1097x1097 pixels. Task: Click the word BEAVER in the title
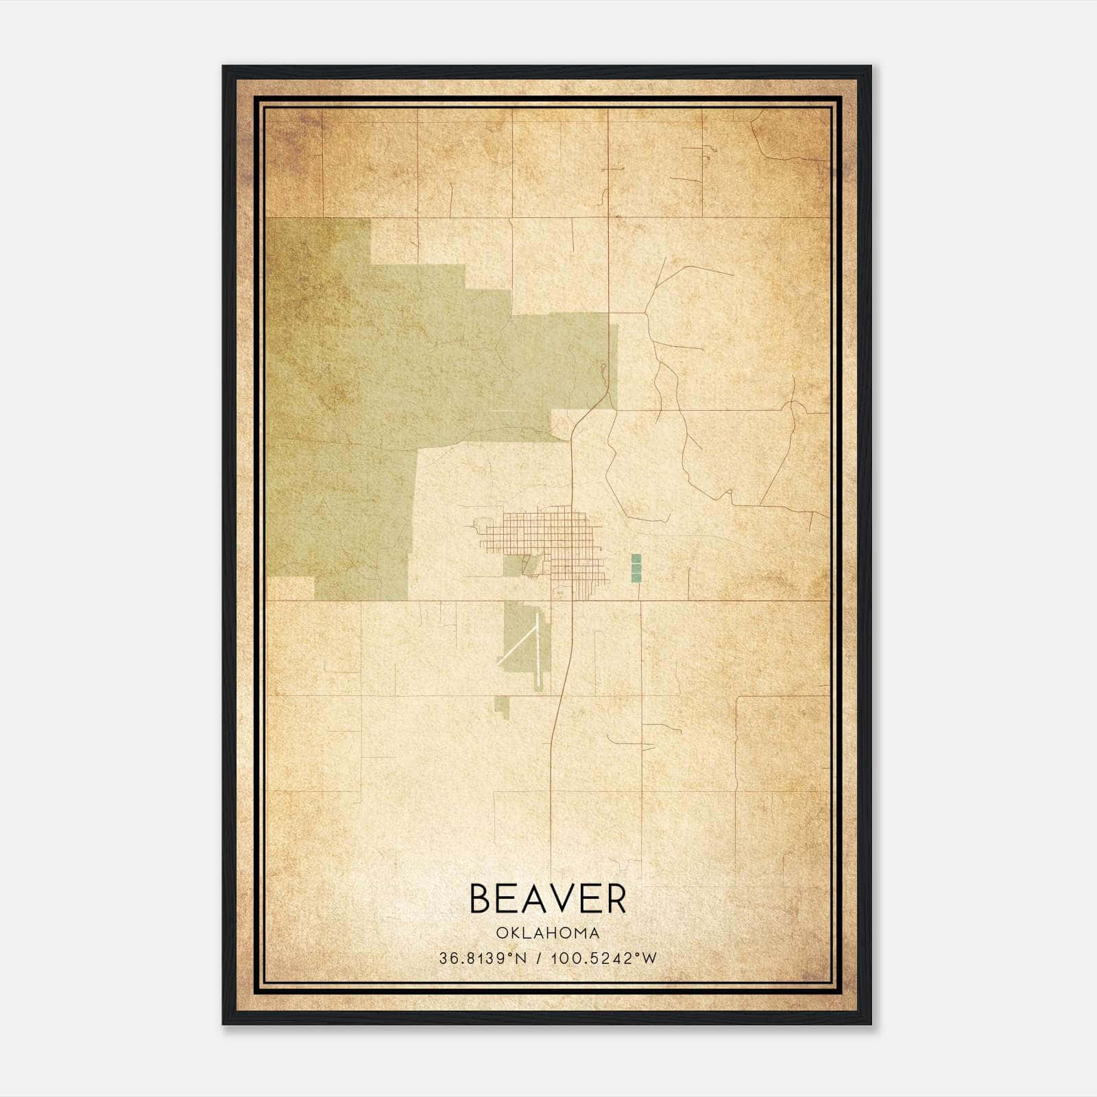click(x=548, y=899)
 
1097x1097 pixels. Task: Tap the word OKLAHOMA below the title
click(x=548, y=933)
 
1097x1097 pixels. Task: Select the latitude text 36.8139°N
click(x=483, y=958)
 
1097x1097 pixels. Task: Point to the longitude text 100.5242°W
click(x=603, y=958)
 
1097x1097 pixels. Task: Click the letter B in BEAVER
click(x=481, y=899)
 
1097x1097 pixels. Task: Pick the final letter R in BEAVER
click(x=615, y=899)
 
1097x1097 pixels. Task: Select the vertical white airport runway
click(x=539, y=651)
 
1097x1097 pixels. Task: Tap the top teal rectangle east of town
click(x=636, y=559)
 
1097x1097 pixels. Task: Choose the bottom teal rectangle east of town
click(x=636, y=577)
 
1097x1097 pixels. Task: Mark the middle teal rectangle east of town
click(x=636, y=568)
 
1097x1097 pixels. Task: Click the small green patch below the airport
click(x=503, y=706)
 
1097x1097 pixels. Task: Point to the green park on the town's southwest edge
click(x=515, y=566)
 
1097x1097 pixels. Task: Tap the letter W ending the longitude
click(x=650, y=958)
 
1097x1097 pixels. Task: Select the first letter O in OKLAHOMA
click(x=501, y=933)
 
